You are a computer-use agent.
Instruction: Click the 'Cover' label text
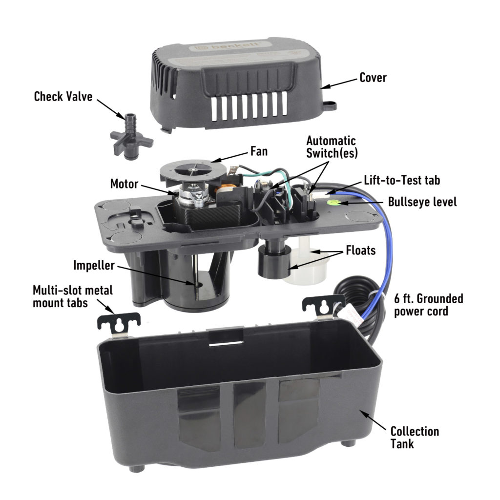373,77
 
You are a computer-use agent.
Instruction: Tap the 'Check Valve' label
63,96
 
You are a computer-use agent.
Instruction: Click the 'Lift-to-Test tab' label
402,180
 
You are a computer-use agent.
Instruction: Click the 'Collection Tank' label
414,437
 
